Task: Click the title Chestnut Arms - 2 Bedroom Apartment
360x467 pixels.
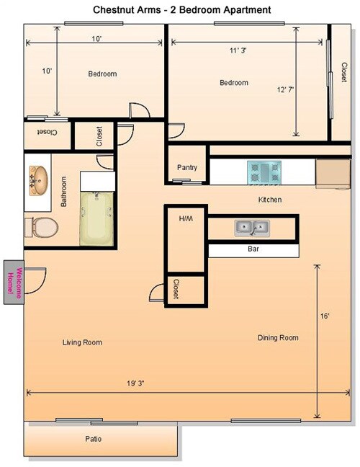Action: (181, 10)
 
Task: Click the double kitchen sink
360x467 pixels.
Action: (252, 228)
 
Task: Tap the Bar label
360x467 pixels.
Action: (253, 250)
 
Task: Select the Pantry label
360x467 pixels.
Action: (187, 167)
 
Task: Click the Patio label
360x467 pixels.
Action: (93, 439)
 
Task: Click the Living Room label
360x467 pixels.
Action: (82, 342)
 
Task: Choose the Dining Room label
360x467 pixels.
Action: (278, 337)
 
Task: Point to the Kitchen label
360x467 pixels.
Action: (270, 199)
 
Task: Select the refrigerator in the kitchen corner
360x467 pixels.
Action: (332, 174)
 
